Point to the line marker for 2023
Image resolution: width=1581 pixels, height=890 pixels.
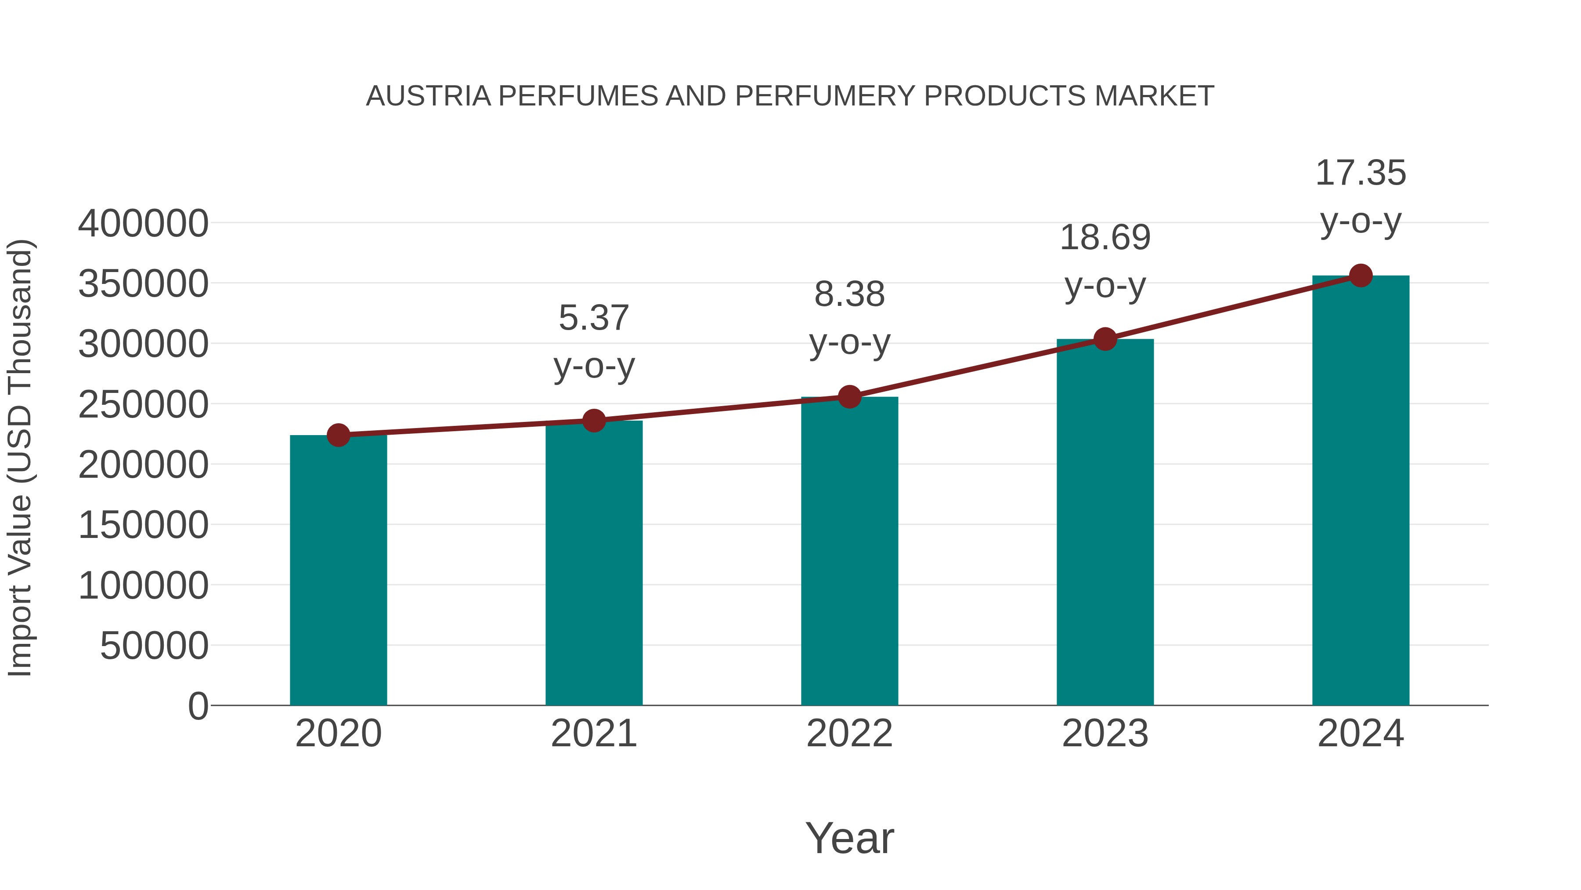click(x=1105, y=338)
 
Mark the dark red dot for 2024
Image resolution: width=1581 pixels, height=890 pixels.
click(x=1361, y=276)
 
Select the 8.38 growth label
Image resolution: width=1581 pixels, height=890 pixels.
click(x=849, y=294)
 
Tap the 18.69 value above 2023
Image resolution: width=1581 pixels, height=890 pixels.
click(x=1105, y=238)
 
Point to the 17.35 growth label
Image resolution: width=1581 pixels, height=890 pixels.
click(x=1361, y=173)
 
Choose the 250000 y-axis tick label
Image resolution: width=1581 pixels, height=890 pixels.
click(x=143, y=404)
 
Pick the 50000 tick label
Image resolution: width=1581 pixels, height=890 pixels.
click(x=154, y=646)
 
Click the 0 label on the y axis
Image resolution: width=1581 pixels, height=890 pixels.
click(x=198, y=706)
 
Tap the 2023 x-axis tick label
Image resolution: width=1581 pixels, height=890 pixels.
click(x=1105, y=734)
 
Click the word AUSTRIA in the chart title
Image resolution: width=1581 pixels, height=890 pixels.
click(x=428, y=96)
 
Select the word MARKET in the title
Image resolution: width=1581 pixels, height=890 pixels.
click(x=1154, y=96)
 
